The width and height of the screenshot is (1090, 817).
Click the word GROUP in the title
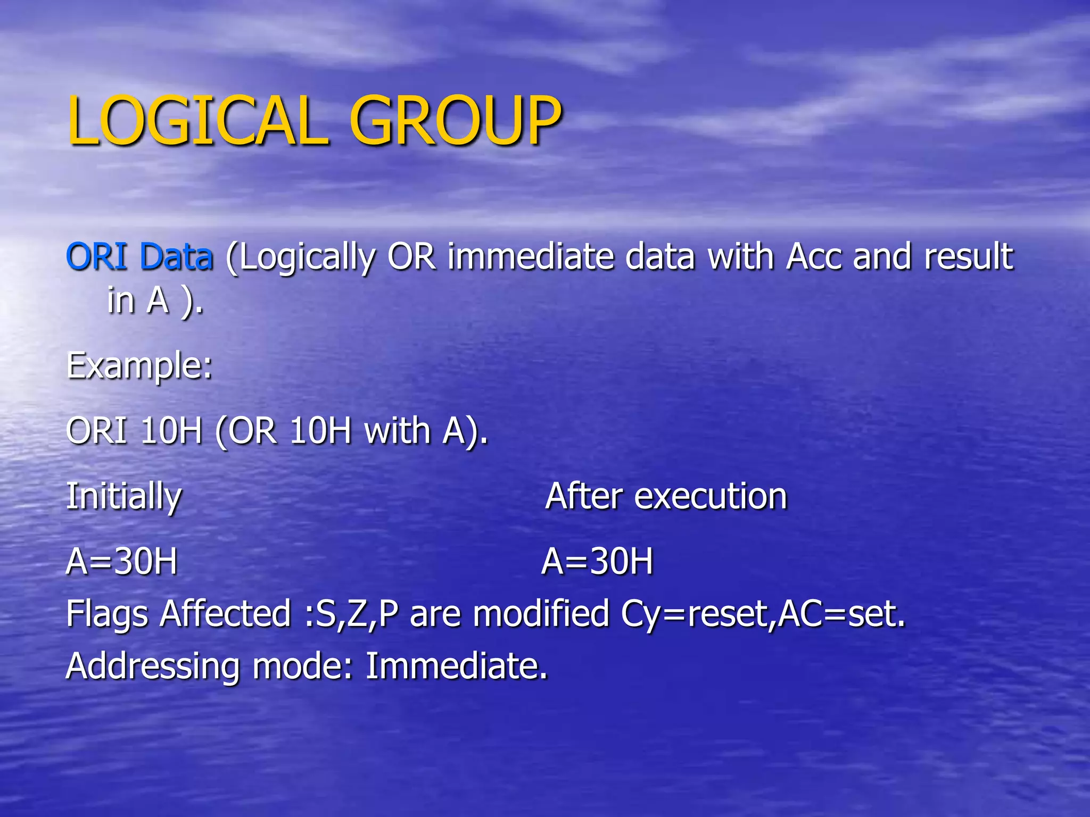[455, 121]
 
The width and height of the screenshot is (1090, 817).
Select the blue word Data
[176, 256]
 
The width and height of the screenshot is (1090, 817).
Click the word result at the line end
[968, 256]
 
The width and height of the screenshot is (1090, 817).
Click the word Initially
[124, 497]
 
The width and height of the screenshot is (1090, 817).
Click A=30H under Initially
[122, 561]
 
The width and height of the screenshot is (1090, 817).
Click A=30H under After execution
[597, 561]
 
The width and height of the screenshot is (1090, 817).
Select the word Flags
[107, 614]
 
